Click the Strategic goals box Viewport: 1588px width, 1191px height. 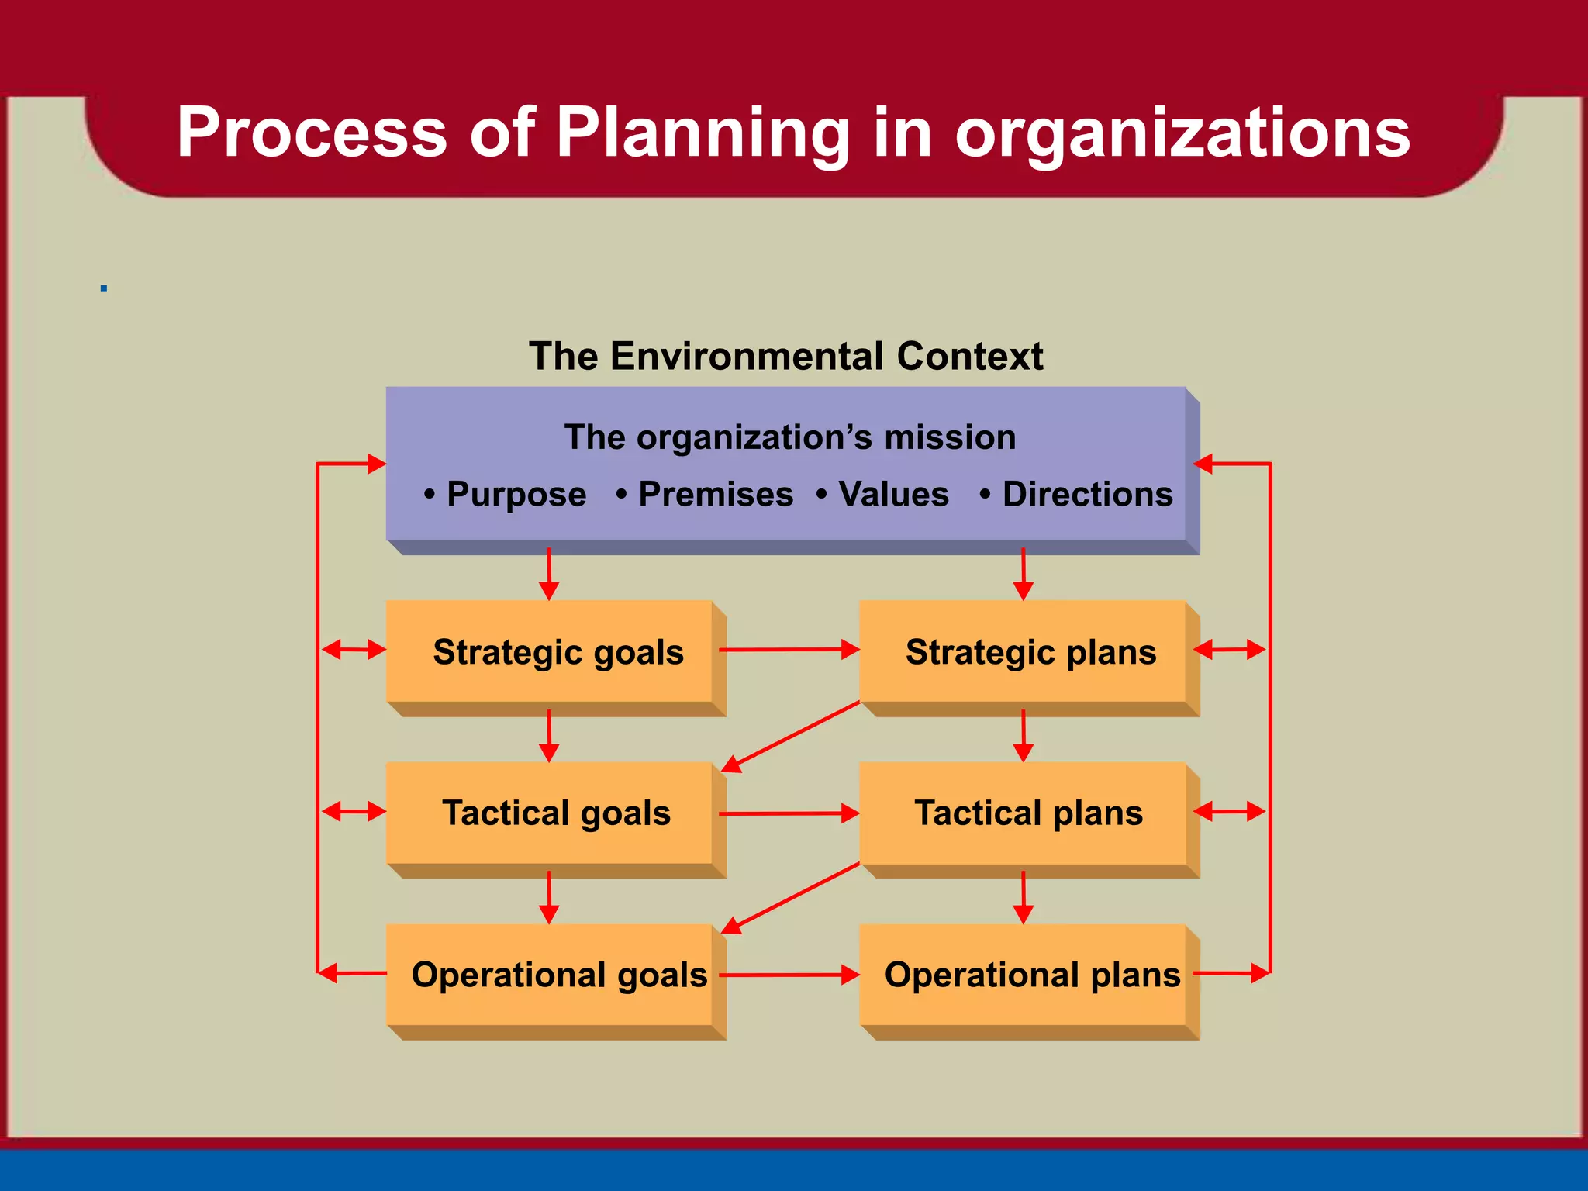[x=557, y=652]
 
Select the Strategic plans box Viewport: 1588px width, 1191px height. [x=1030, y=652]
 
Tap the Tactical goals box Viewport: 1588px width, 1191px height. [x=557, y=813]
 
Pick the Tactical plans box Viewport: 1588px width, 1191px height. [x=1030, y=813]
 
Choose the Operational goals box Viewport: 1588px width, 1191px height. [x=557, y=975]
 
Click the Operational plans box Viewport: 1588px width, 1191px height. [x=1030, y=975]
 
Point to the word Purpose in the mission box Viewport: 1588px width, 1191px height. [x=516, y=495]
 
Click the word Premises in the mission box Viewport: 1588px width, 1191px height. [x=715, y=495]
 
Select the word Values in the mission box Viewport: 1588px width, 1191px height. [x=893, y=495]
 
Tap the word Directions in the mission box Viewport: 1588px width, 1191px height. [x=1087, y=495]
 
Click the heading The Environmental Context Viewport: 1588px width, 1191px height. [x=785, y=357]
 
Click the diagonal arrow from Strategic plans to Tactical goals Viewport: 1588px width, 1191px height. [x=791, y=737]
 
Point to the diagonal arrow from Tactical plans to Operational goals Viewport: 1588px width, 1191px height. [x=791, y=898]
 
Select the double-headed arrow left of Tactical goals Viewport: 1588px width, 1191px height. [x=354, y=812]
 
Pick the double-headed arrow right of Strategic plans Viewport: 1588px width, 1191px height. [x=1230, y=650]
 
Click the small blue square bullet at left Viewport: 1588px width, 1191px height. [x=104, y=288]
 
